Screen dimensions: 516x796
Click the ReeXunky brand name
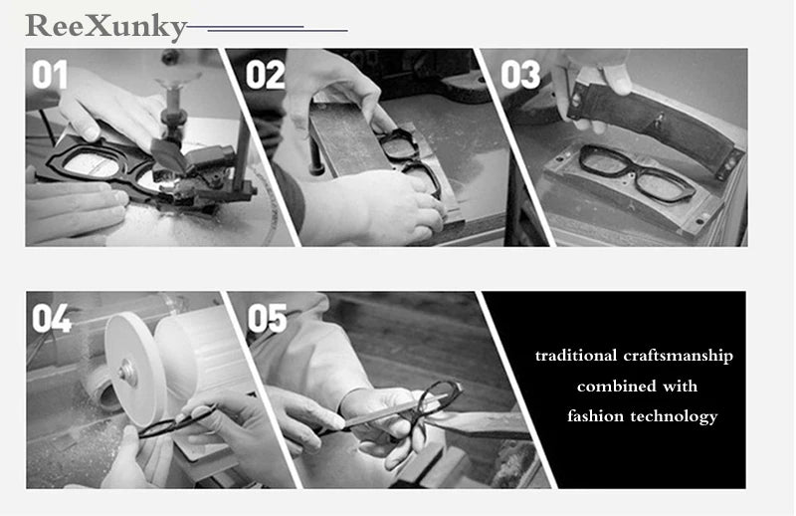click(105, 26)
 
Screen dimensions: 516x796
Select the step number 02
click(265, 76)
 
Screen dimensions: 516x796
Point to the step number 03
click(520, 76)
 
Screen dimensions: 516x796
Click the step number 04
click(52, 319)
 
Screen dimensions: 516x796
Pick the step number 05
click(267, 319)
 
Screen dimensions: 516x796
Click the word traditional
click(572, 356)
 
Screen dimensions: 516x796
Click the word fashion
click(596, 416)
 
